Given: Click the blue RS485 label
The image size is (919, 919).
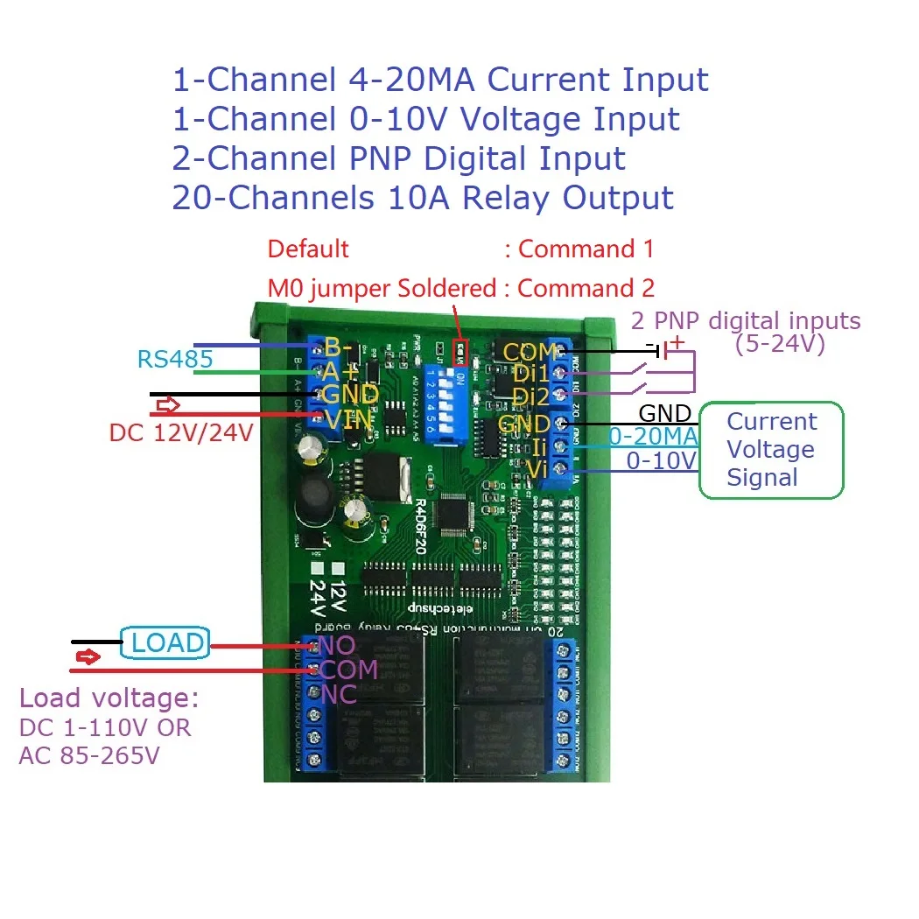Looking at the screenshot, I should click(x=175, y=360).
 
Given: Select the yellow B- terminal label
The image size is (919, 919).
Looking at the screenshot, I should click(x=339, y=347).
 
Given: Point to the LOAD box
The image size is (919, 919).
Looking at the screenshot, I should click(x=166, y=643).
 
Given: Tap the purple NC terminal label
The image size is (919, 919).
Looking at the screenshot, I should click(x=338, y=695).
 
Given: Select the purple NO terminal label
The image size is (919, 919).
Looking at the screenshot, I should click(x=338, y=646).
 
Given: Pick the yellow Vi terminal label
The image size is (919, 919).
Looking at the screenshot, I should click(x=537, y=469).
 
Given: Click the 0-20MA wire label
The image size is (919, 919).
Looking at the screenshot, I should click(x=653, y=436).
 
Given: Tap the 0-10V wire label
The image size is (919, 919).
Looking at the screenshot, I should click(x=661, y=461).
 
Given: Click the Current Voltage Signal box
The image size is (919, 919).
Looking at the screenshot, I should click(x=770, y=450).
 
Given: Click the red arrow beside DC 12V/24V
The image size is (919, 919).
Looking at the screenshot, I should click(x=167, y=406).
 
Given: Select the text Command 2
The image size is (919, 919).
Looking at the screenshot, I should click(x=586, y=288).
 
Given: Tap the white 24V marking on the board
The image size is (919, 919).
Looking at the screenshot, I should click(x=318, y=599).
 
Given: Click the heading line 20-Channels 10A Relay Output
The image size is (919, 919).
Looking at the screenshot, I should click(x=423, y=198).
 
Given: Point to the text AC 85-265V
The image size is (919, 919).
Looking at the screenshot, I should click(x=89, y=754).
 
